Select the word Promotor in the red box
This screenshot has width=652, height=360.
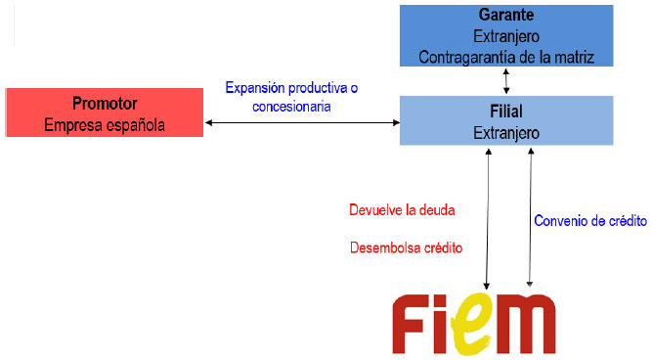point(105,104)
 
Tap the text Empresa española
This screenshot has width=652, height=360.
point(105,124)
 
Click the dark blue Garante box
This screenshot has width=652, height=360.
point(506,35)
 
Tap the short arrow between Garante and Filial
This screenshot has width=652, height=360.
point(506,82)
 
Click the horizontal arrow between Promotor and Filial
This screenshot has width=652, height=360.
point(302,123)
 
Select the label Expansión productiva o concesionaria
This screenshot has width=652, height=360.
point(291,96)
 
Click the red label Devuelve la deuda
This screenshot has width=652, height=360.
point(402,209)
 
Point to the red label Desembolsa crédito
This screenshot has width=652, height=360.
point(407,247)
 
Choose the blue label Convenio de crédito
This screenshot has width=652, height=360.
point(590,220)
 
